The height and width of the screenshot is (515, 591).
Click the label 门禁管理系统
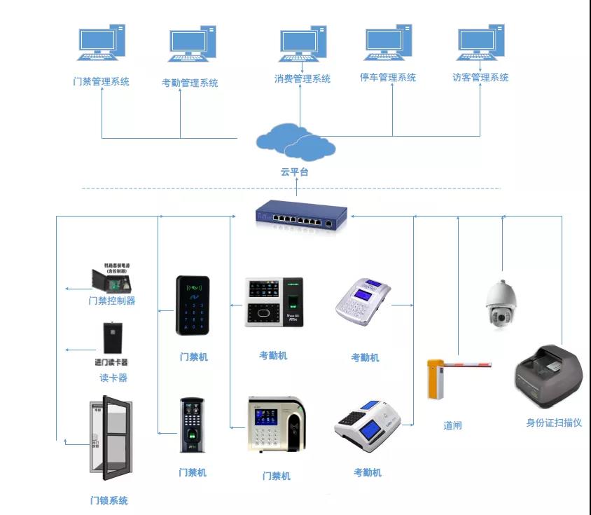point(102,81)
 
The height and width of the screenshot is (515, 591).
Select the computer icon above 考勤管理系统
point(192,46)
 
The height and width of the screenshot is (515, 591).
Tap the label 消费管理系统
point(302,79)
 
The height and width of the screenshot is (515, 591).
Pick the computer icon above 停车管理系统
point(387,44)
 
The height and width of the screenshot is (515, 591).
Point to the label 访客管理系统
point(480,78)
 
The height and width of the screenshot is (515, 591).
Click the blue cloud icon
point(295,141)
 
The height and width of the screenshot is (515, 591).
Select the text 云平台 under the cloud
point(295,172)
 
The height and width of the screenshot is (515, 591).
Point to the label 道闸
point(452,425)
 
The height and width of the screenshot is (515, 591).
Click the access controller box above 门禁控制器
point(111,277)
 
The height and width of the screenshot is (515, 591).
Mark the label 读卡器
point(113,378)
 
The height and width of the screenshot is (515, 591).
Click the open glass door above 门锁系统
point(106,438)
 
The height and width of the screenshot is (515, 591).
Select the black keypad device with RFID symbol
point(192,305)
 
